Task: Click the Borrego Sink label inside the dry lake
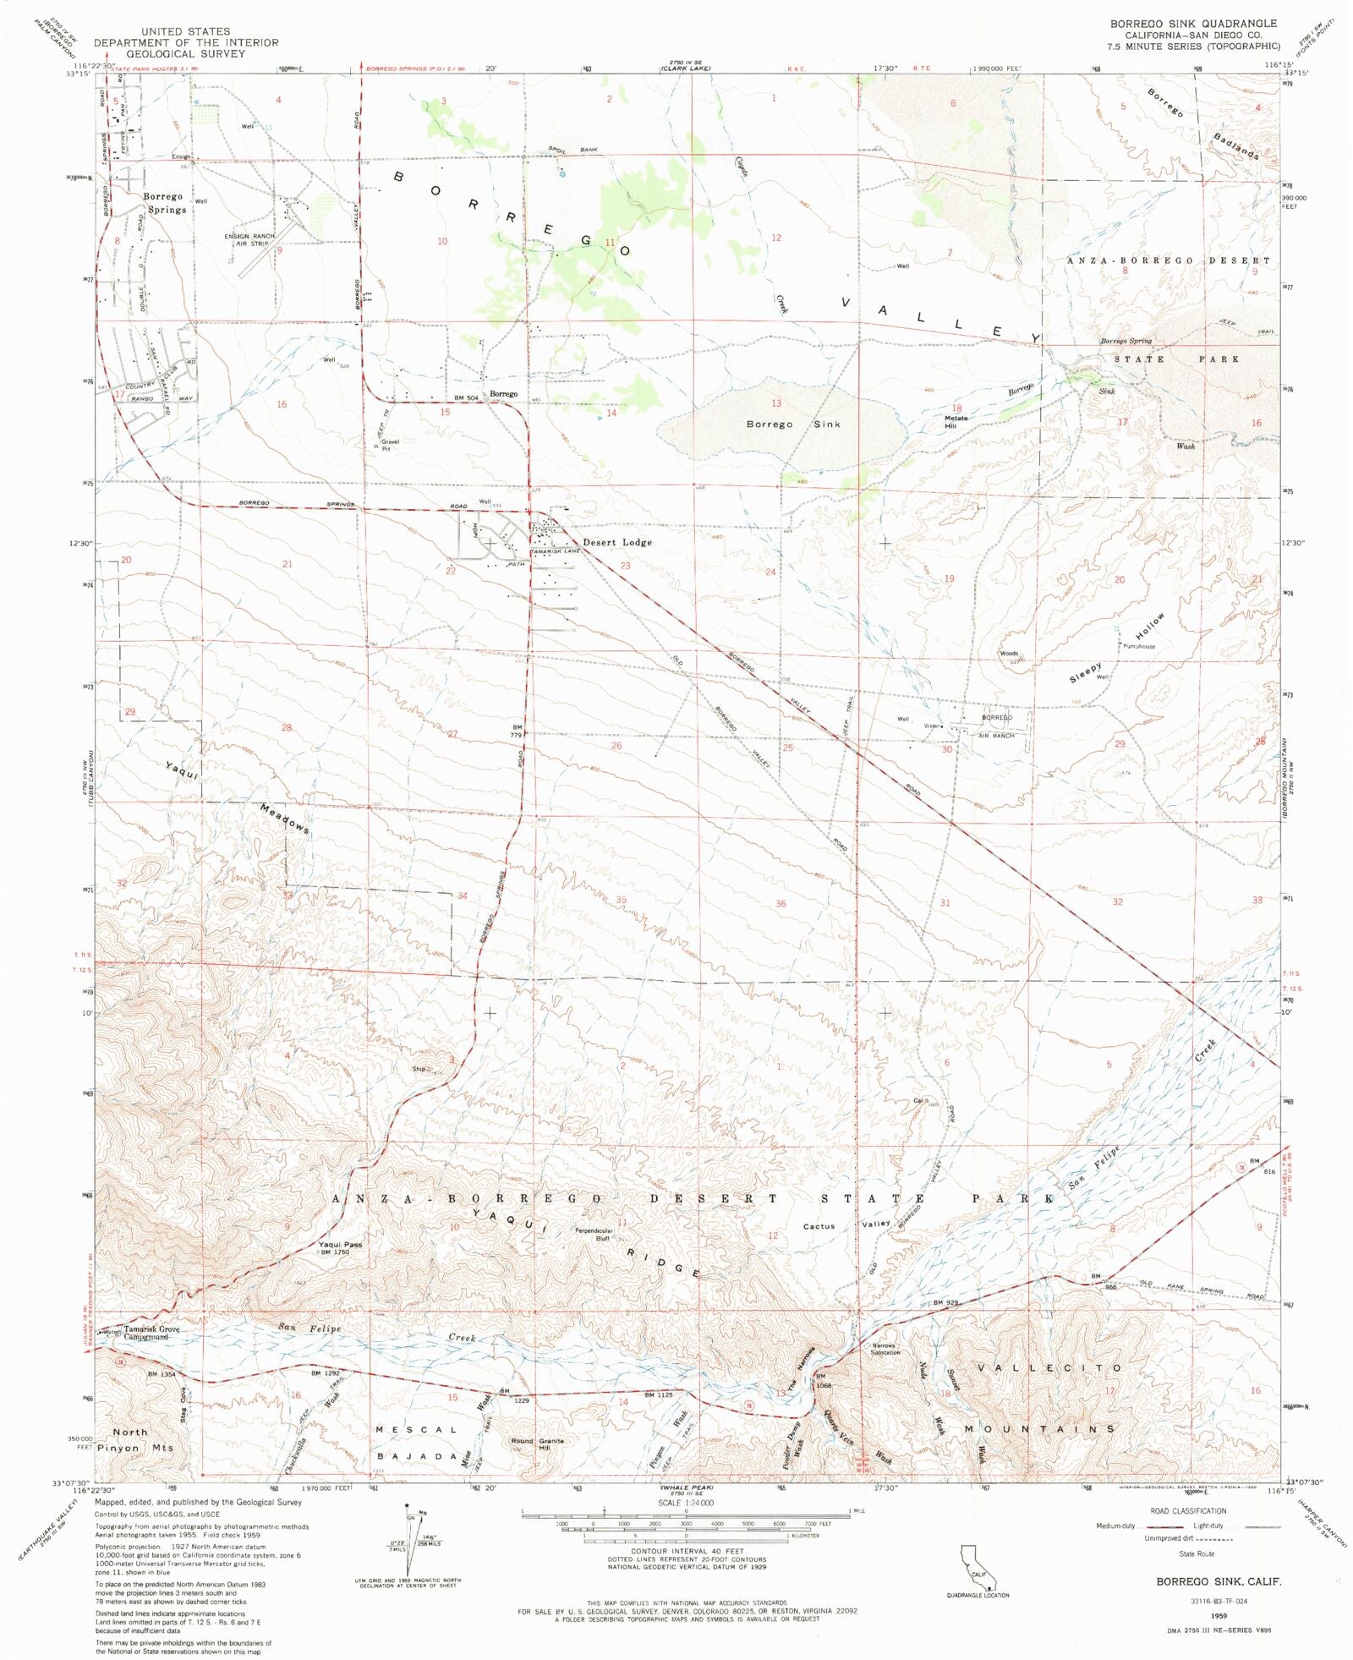point(792,425)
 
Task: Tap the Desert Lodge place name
point(616,542)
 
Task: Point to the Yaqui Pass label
point(340,1245)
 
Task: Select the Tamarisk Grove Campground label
point(152,1334)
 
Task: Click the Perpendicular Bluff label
point(594,1235)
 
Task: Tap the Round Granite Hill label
point(537,1444)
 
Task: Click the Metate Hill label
point(956,422)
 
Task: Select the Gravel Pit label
point(390,445)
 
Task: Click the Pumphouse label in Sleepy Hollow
point(1138,646)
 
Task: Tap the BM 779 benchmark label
point(518,731)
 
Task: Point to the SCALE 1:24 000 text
point(686,1503)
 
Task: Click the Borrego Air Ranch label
point(996,726)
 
